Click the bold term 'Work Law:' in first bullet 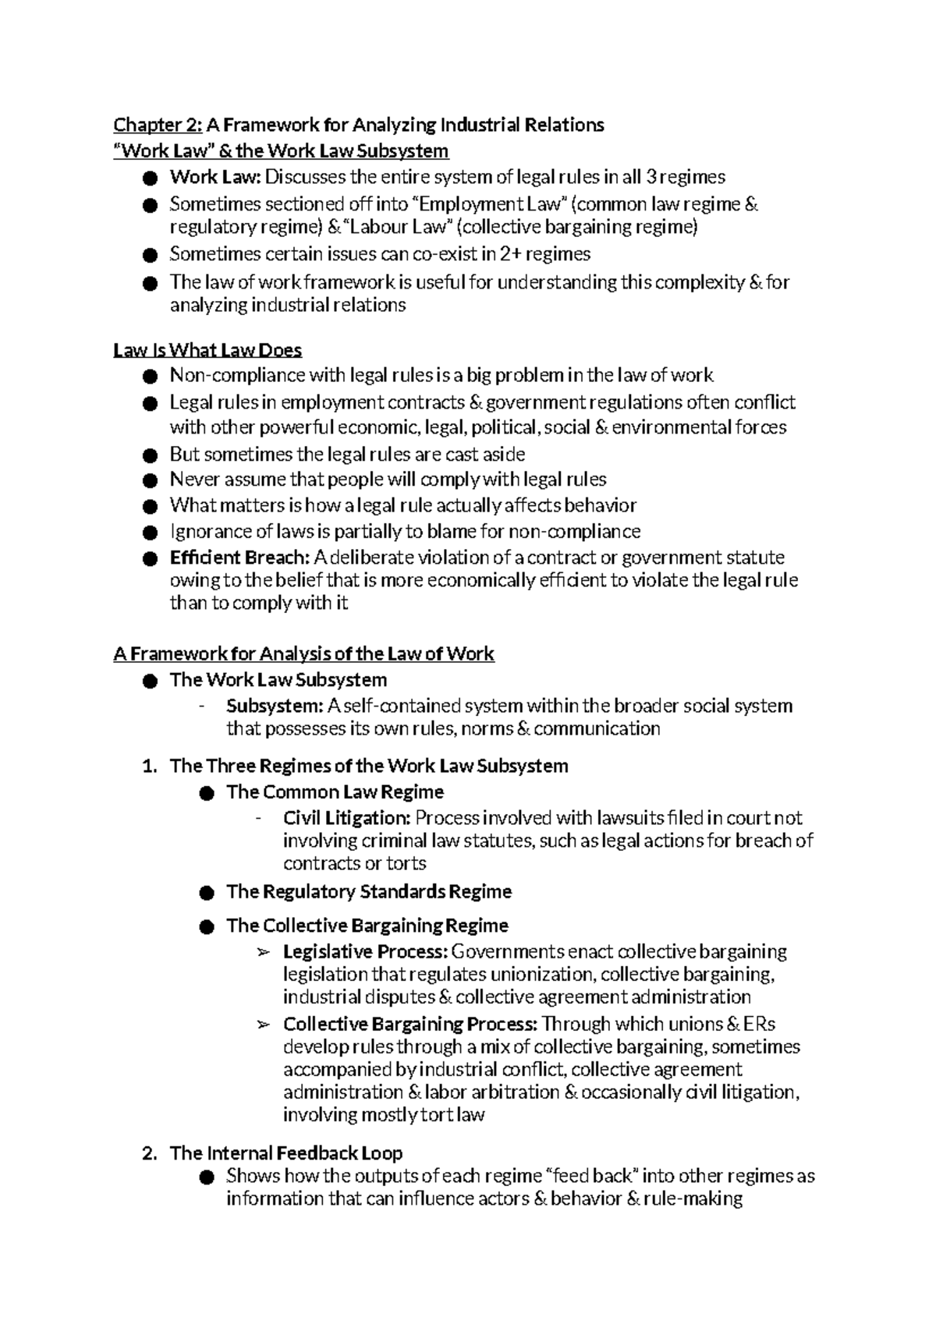coord(214,177)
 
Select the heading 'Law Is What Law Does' coord(207,349)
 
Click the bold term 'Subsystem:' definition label coord(274,706)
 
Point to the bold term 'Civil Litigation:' coord(347,818)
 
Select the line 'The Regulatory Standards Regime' coord(369,891)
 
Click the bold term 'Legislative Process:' coord(365,951)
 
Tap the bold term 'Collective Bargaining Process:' coord(410,1024)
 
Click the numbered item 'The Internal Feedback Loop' coord(285,1152)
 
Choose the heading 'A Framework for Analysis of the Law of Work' coord(303,653)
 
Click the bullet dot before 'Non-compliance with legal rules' coord(150,377)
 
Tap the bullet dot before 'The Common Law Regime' coord(206,793)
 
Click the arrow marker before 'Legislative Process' coord(263,952)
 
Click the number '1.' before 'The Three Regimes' coord(151,766)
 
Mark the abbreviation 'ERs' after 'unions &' coord(760,1024)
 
